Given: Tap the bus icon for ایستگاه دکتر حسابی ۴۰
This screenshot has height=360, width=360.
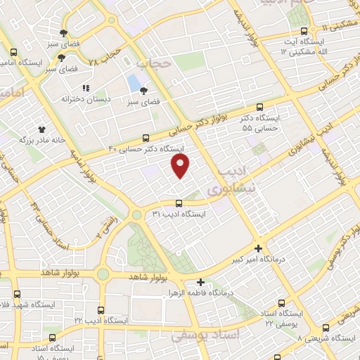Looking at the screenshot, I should pos(146,138).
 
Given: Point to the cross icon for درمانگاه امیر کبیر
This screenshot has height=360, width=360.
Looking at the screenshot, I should pos(258,248).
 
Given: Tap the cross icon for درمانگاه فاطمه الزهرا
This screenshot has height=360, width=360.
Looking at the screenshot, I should pos(201,282).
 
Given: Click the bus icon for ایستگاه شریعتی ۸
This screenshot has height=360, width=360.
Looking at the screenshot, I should pos(325,328).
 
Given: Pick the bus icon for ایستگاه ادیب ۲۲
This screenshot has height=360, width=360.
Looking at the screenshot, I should pos(102,309).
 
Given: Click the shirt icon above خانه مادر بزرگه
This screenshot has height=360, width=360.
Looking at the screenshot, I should pos(41,129).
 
